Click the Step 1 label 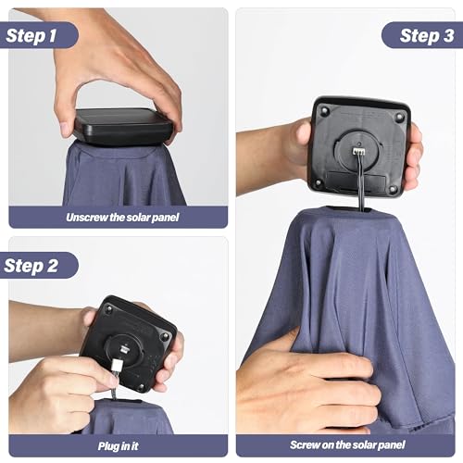click(x=31, y=35)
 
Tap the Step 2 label click(x=31, y=266)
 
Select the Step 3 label click(x=427, y=35)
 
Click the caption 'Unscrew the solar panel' click(x=122, y=218)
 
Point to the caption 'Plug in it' click(x=118, y=446)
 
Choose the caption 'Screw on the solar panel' click(x=347, y=444)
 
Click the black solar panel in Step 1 click(x=122, y=126)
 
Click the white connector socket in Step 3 click(x=358, y=151)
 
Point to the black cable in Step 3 click(x=360, y=182)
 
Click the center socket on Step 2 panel click(x=124, y=349)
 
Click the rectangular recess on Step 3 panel click(x=356, y=181)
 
